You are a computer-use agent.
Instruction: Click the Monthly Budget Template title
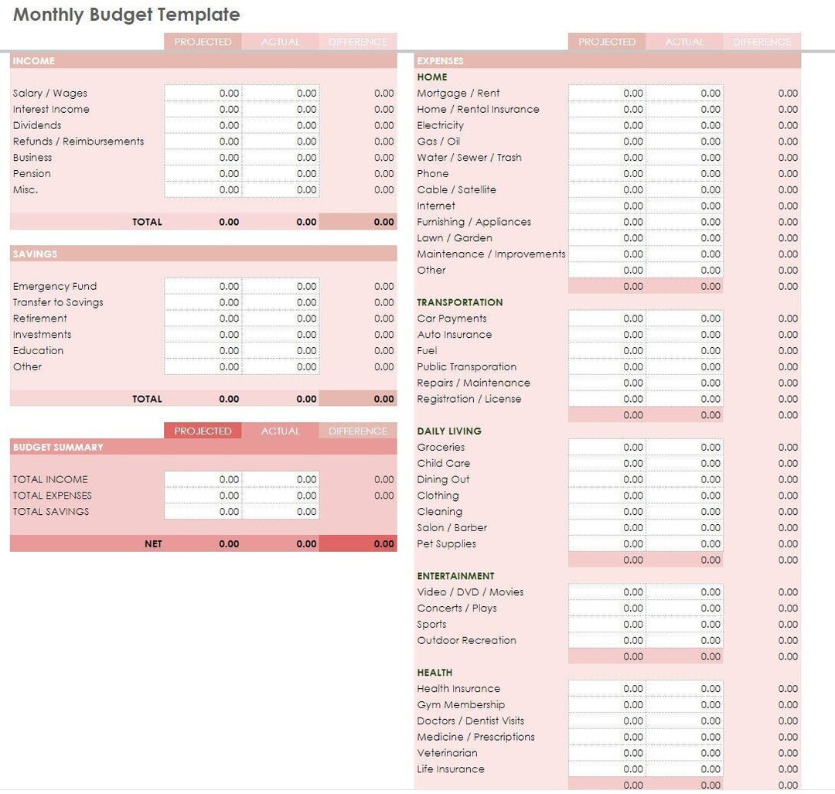point(127,15)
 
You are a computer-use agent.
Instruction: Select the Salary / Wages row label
point(50,93)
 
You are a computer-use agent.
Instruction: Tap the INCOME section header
point(34,61)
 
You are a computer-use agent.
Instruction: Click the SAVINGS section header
point(36,254)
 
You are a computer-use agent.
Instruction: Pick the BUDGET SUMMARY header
point(58,447)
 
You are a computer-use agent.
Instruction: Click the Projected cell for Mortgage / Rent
point(607,93)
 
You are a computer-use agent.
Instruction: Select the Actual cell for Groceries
point(684,447)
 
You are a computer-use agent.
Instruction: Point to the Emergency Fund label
point(55,286)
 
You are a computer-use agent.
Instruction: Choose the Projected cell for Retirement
point(203,319)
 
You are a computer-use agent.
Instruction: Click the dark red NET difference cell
point(358,544)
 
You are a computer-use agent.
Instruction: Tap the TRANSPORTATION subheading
point(460,302)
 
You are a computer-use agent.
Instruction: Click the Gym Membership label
point(461,704)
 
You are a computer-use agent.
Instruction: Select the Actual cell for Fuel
point(684,350)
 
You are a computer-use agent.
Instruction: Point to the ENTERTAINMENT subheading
point(455,576)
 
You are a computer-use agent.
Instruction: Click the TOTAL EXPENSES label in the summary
point(53,496)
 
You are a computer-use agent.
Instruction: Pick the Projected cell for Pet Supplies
point(607,544)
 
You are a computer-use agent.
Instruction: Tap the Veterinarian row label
point(448,753)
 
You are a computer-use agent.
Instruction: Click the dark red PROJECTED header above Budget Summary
point(203,431)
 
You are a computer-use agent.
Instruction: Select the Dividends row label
point(37,125)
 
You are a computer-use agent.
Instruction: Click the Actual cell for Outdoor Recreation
point(684,640)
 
